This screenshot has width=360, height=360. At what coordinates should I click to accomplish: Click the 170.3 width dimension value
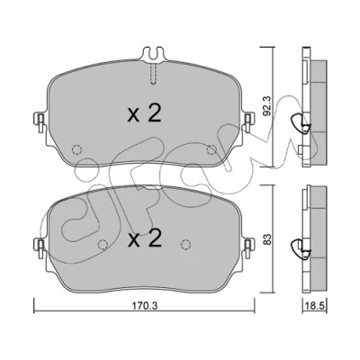click(x=145, y=306)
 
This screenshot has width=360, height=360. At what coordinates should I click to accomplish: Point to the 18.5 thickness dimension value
click(x=316, y=306)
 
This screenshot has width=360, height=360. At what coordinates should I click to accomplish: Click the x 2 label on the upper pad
click(x=145, y=113)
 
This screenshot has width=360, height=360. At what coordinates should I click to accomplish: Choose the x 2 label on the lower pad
click(x=145, y=238)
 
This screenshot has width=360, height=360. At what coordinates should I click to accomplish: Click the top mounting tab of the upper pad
click(x=153, y=55)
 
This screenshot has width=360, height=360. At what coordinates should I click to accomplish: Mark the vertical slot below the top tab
click(x=153, y=75)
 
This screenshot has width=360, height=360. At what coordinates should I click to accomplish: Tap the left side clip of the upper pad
click(x=40, y=122)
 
